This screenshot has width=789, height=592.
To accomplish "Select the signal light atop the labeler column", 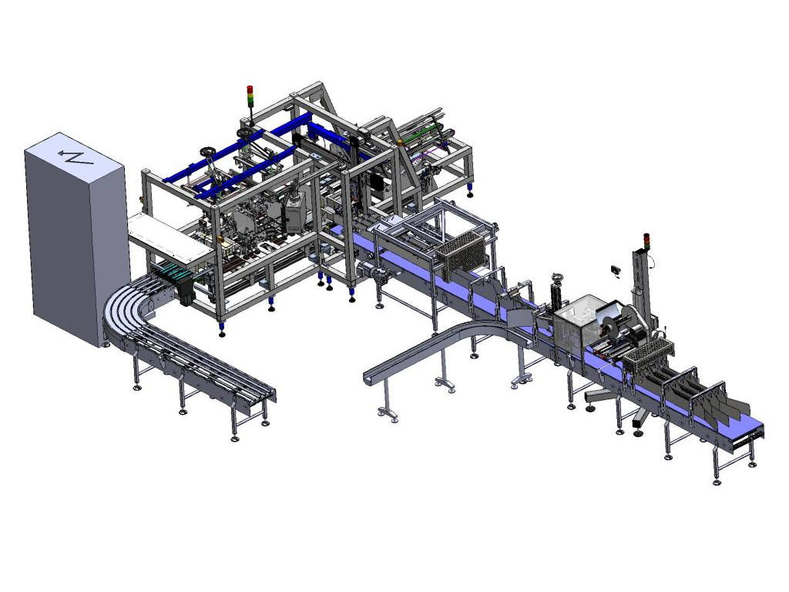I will point(645,241).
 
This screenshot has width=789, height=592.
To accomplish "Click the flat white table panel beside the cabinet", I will point(166,235).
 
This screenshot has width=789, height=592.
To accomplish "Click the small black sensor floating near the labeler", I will point(615,269).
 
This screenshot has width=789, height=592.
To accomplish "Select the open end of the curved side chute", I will point(373,378).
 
